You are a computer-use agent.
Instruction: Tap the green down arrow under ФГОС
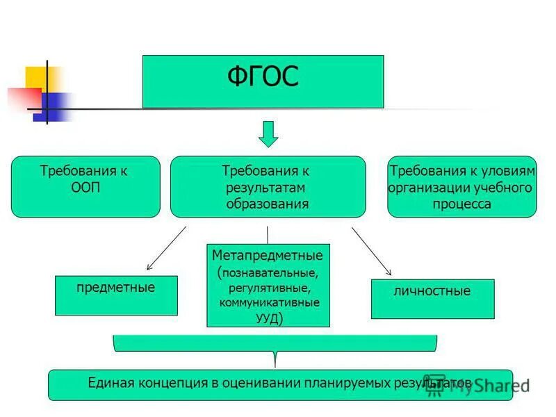tap(268, 133)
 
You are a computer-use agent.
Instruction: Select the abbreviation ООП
tap(85, 188)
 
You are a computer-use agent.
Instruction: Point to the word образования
tap(268, 204)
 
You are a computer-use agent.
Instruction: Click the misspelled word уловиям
tap(508, 171)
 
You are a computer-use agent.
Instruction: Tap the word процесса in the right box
tap(461, 204)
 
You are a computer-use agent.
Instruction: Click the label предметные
tap(115, 287)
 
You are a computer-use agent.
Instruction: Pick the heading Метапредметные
tap(268, 256)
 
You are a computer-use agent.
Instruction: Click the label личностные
tap(432, 291)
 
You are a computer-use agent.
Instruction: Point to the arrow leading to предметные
tap(167, 247)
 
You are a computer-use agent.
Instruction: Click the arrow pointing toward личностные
tap(372, 250)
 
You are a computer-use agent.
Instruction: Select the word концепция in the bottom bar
tap(170, 383)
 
